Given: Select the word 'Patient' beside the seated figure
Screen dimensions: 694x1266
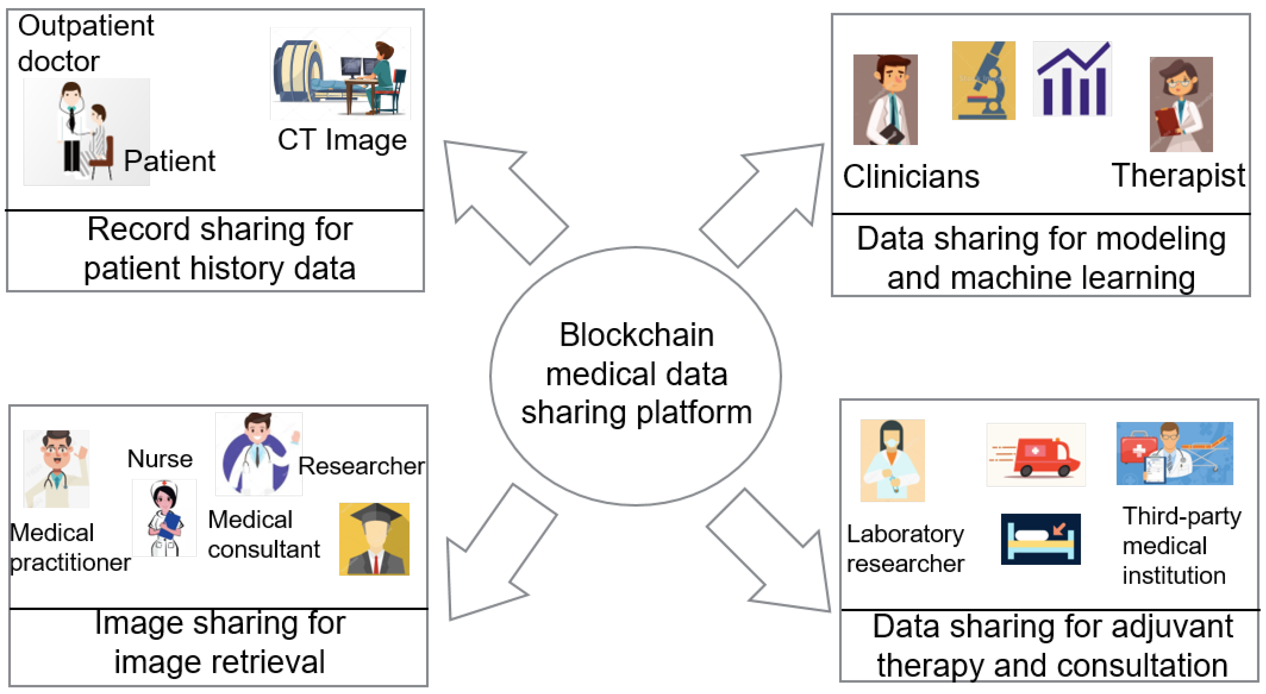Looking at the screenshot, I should [x=169, y=162].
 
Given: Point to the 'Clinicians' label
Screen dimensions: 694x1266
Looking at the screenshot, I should [x=911, y=177].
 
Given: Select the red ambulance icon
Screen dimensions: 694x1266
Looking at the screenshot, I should [x=1036, y=455].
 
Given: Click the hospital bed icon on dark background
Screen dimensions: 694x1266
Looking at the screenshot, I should [x=1040, y=539].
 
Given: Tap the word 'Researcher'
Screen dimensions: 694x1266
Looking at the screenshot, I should [x=361, y=466].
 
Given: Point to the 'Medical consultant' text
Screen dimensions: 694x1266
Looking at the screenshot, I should [x=263, y=535].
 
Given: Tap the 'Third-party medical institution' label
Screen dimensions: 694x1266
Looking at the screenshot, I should [x=1181, y=546].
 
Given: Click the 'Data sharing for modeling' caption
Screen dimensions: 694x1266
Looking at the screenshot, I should [x=1040, y=239].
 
